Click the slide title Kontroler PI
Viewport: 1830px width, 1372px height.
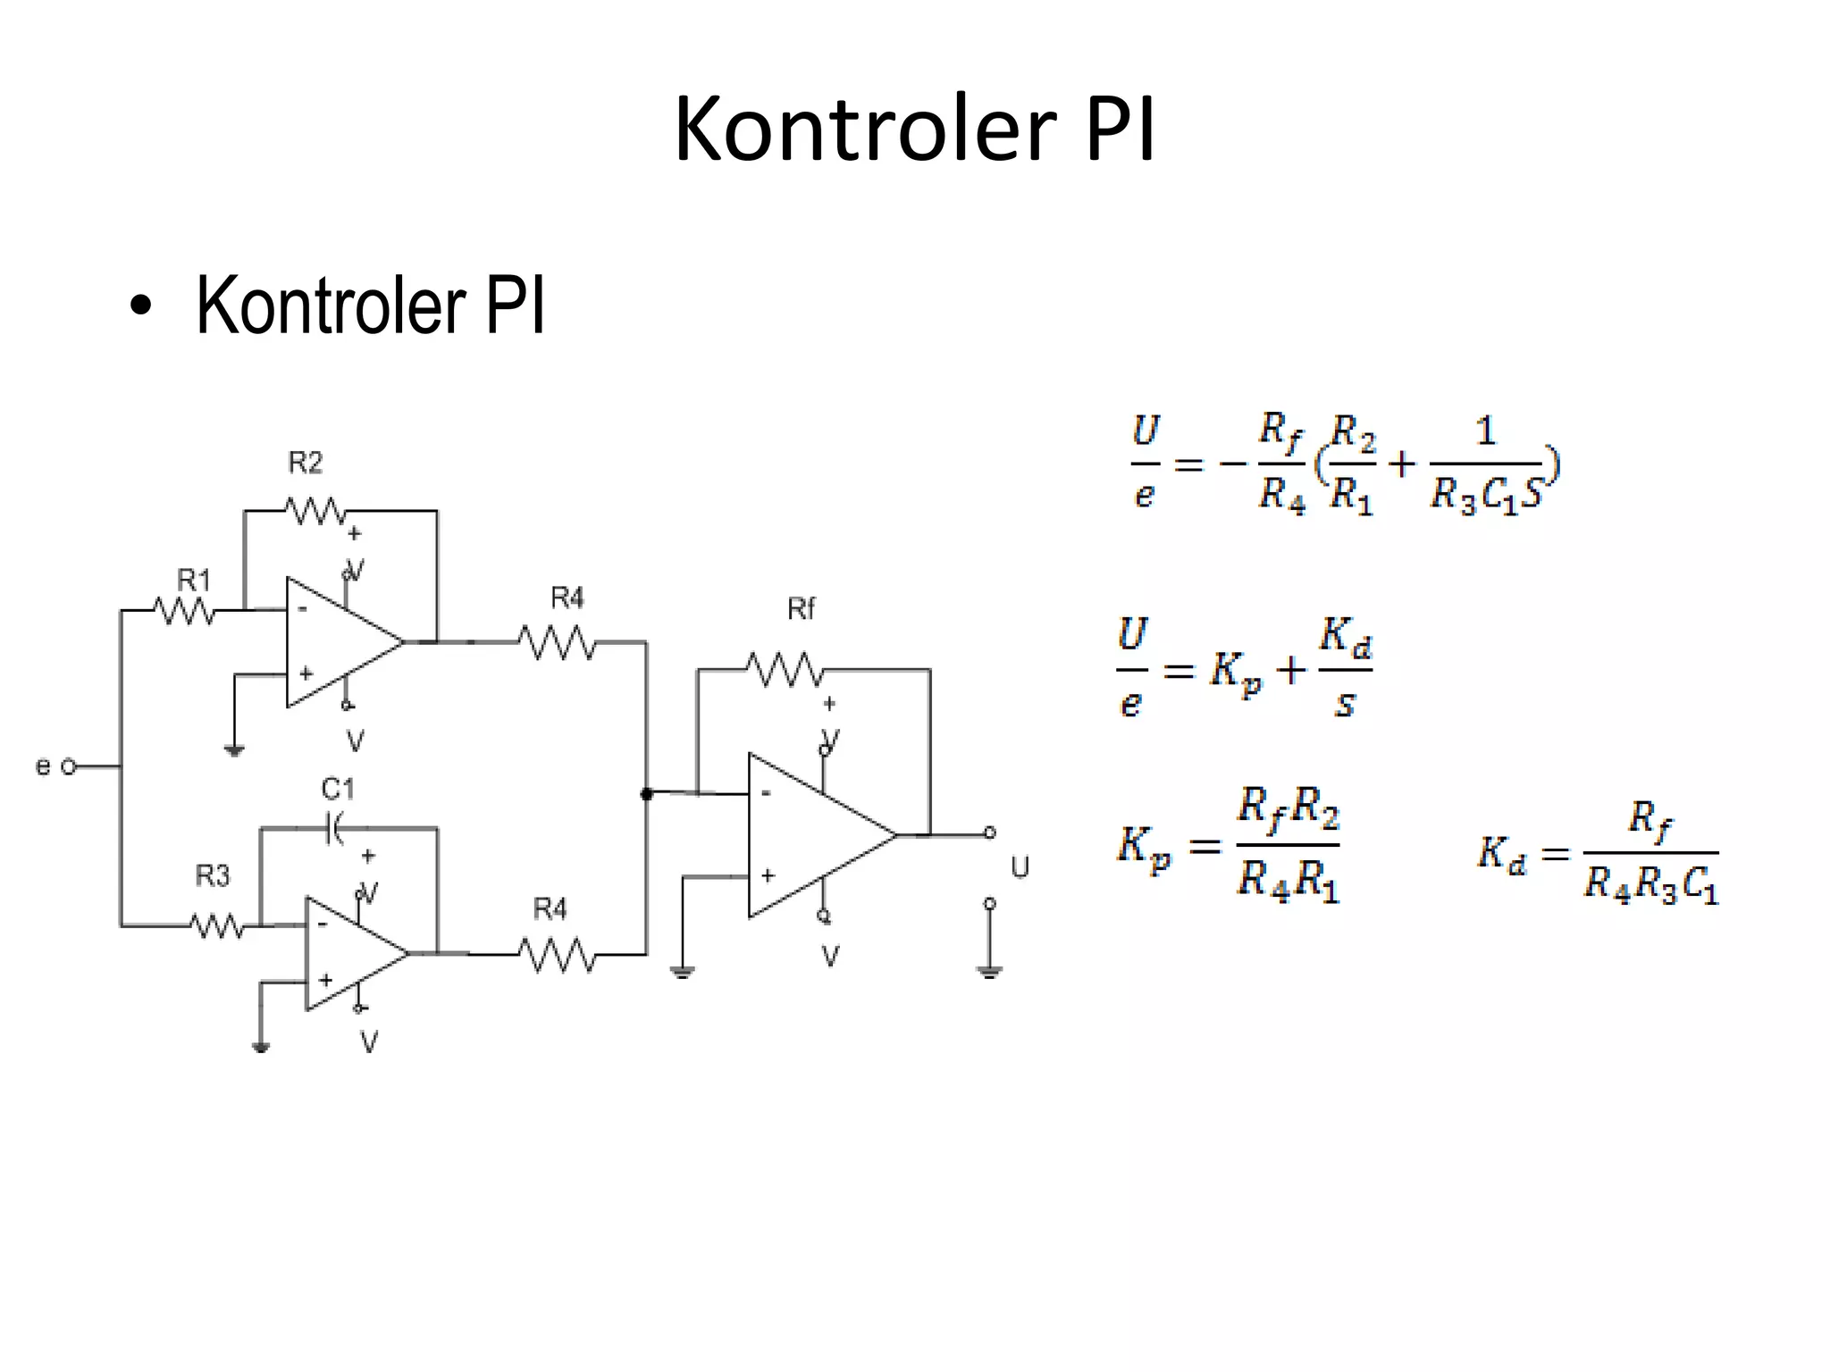click(x=914, y=130)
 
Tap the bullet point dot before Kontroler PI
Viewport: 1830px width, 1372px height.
click(x=140, y=306)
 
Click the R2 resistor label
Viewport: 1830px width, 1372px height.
click(x=305, y=463)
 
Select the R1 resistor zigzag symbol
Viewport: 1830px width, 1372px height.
click(x=184, y=611)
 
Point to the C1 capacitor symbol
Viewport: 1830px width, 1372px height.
click(x=333, y=829)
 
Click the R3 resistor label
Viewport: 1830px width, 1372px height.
click(x=213, y=875)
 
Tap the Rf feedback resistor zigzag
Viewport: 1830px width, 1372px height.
click(x=785, y=669)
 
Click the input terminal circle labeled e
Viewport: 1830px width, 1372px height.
click(x=69, y=766)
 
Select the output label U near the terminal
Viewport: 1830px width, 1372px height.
click(x=1020, y=867)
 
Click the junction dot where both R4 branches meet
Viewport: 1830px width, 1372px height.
click(x=647, y=793)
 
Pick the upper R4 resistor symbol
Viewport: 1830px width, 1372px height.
click(x=558, y=641)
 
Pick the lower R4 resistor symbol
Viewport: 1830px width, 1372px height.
click(x=558, y=955)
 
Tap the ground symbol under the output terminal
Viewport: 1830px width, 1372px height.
click(x=989, y=971)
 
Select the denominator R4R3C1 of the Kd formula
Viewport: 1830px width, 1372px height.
click(x=1650, y=884)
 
